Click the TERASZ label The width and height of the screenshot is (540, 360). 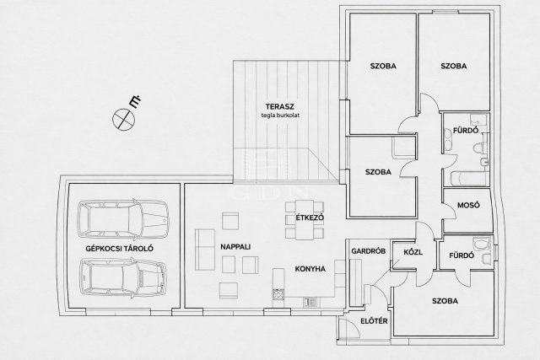(x=279, y=106)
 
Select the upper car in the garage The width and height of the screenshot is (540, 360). (x=123, y=219)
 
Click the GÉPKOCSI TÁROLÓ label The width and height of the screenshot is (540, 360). (x=120, y=249)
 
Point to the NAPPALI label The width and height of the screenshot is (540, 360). (x=235, y=247)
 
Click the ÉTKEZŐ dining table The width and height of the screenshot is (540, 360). (x=305, y=220)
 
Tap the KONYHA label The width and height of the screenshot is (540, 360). (x=310, y=269)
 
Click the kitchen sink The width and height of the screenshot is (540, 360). (x=310, y=302)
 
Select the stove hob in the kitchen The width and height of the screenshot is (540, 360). (x=278, y=295)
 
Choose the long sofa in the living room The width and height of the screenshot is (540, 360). (x=205, y=250)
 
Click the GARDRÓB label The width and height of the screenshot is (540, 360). (x=368, y=251)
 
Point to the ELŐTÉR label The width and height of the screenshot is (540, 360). (x=374, y=321)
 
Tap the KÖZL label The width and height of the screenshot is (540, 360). (x=413, y=252)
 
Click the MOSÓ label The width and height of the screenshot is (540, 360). (x=468, y=205)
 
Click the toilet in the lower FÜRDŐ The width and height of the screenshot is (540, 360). (x=482, y=244)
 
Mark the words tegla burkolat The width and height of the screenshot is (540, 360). (x=280, y=116)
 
